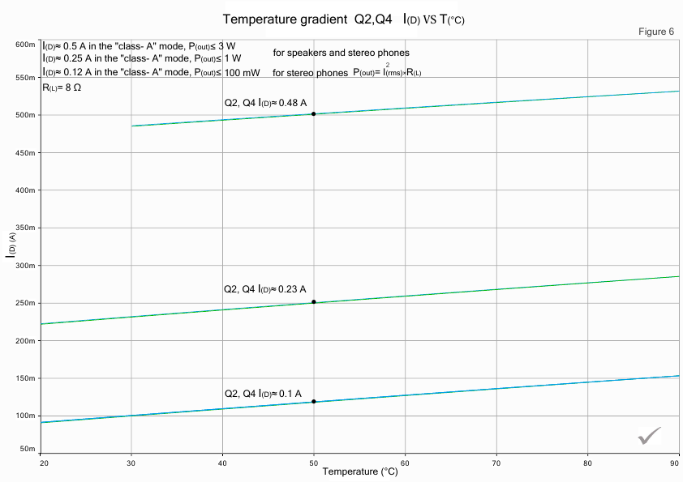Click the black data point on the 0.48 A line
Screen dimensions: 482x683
tap(313, 114)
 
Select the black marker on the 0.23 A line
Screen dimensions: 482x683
tap(313, 302)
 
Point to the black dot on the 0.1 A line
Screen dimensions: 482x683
tap(313, 402)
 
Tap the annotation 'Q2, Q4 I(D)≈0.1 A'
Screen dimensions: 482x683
tap(263, 394)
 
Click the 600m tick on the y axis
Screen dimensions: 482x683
tap(25, 45)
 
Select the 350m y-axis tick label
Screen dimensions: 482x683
tap(25, 228)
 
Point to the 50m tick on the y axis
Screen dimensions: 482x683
tap(27, 449)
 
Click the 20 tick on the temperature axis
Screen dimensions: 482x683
tap(41, 463)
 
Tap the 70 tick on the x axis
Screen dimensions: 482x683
tap(496, 463)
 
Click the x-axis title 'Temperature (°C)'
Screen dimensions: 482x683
tap(360, 471)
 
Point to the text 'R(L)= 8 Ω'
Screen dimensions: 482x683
tap(62, 86)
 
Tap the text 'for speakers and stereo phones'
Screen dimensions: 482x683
tap(341, 53)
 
